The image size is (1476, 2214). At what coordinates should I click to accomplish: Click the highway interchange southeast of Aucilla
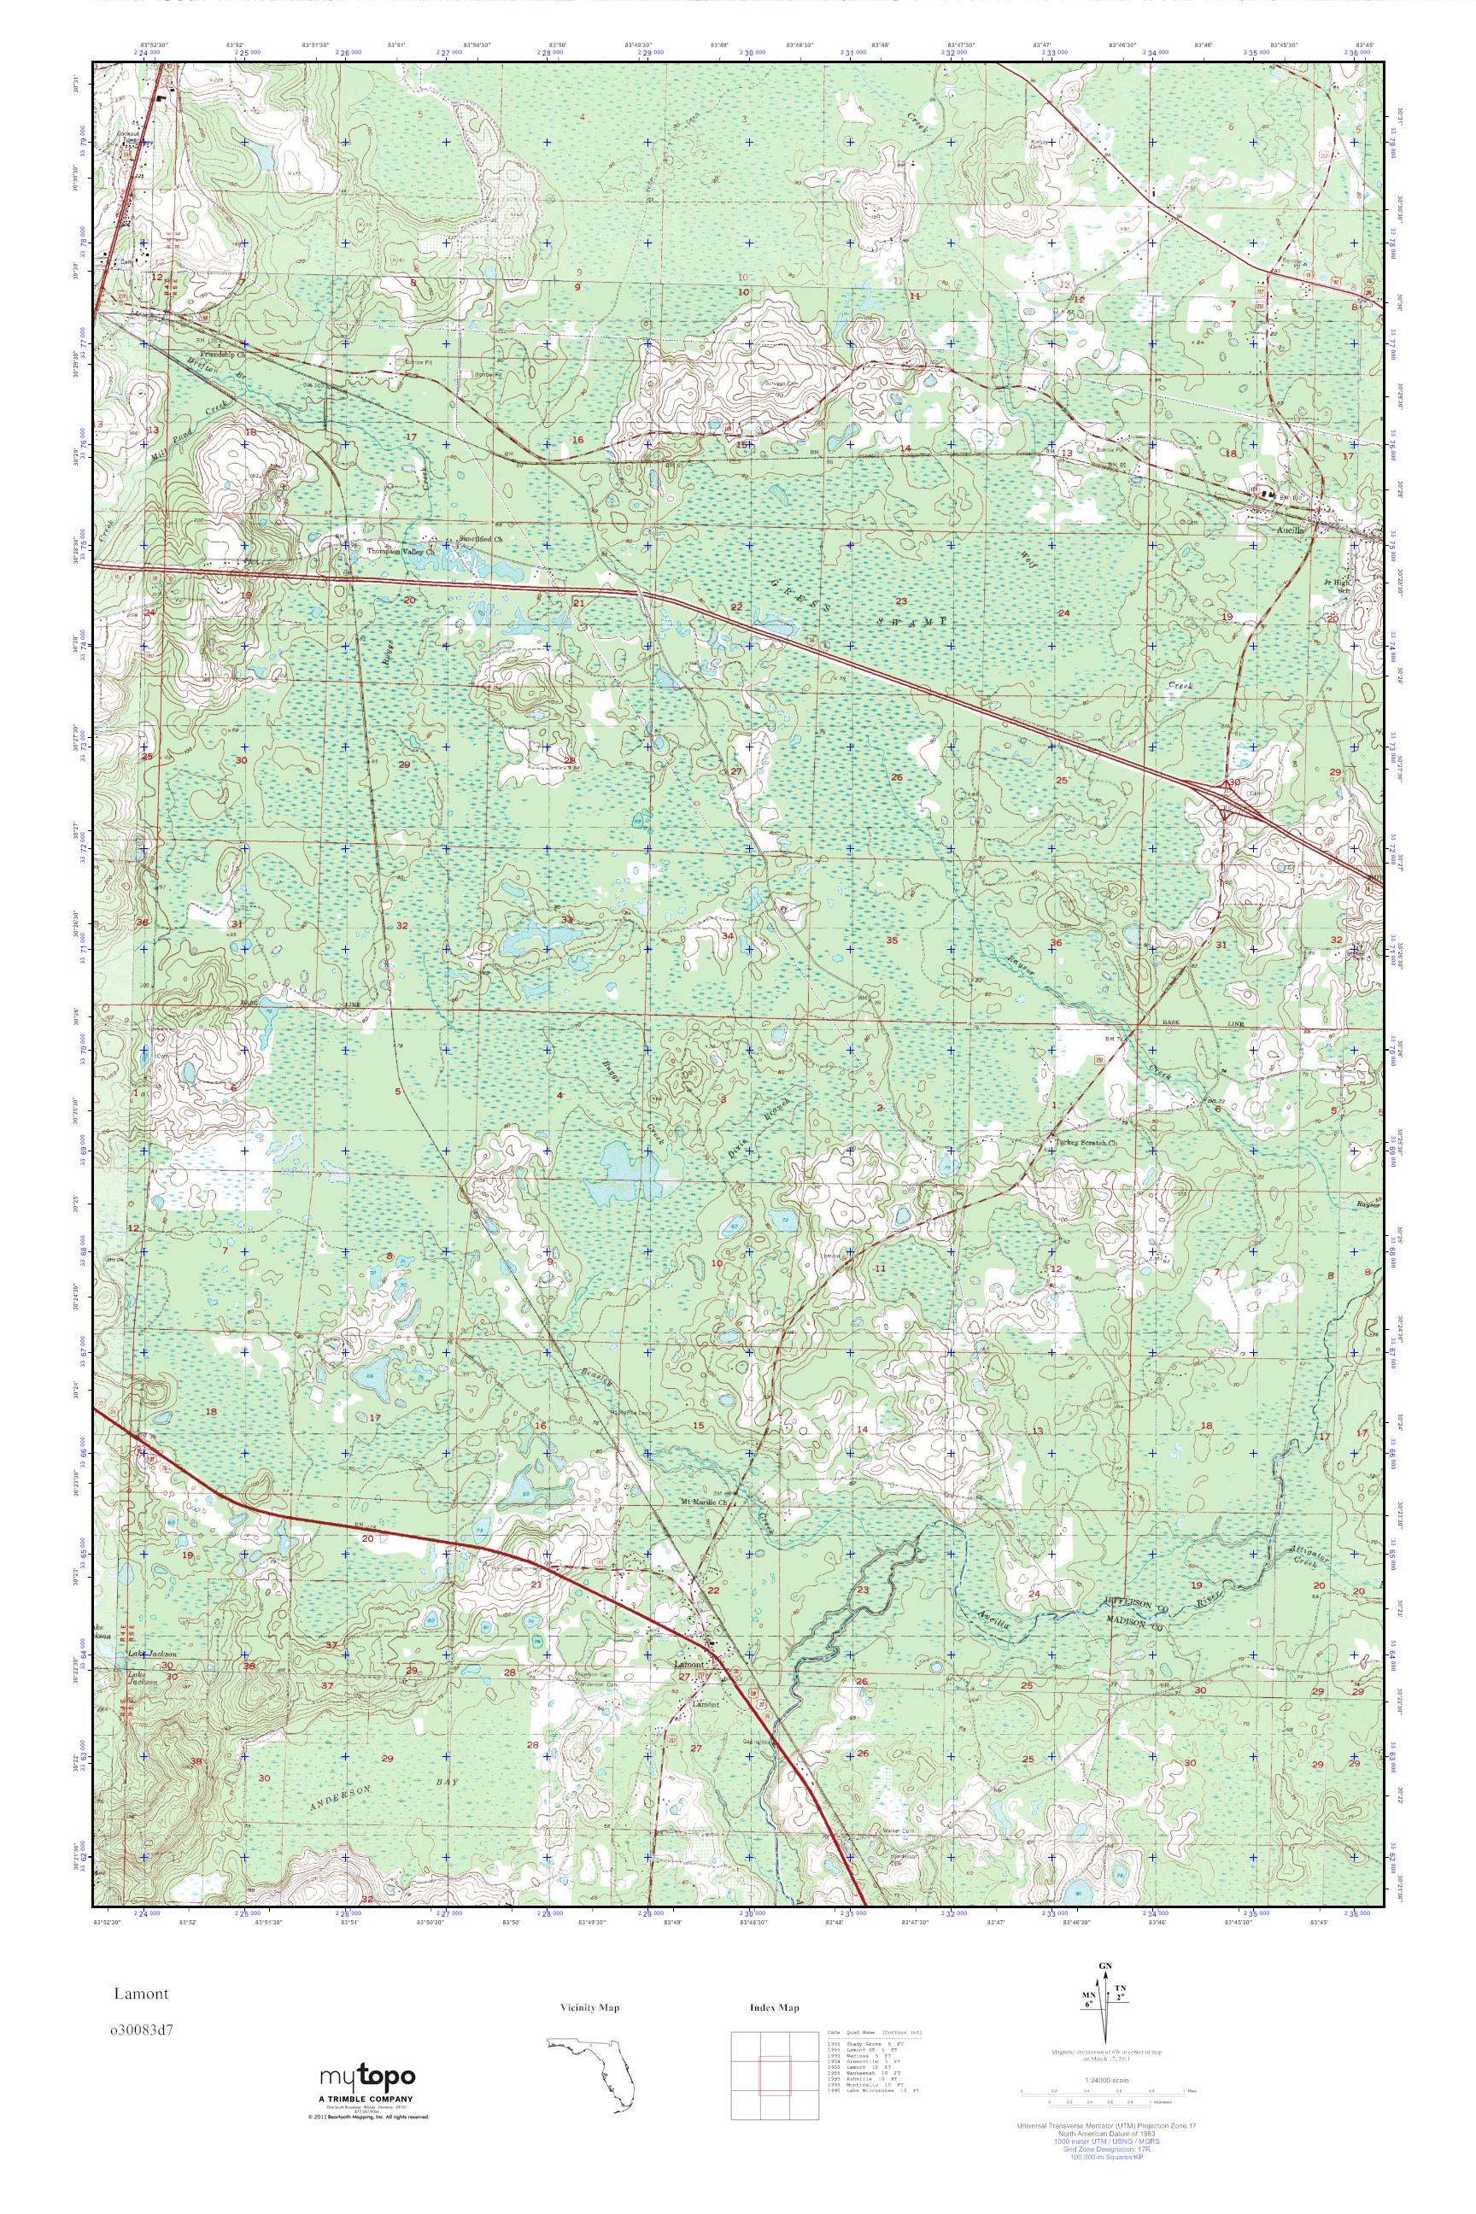[x=1227, y=795]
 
